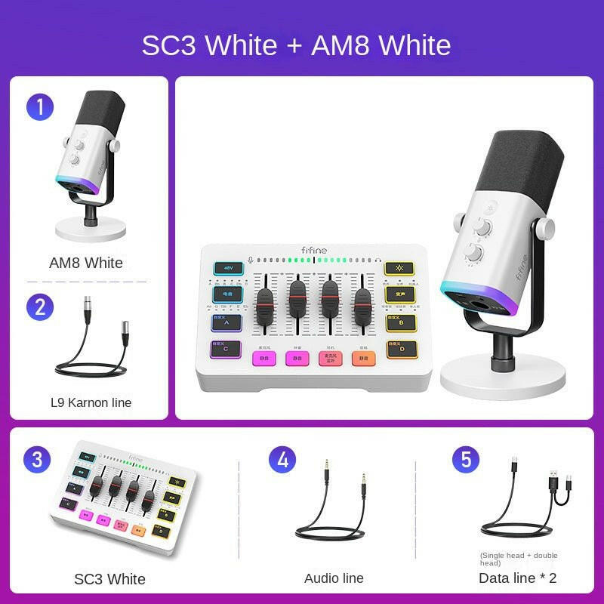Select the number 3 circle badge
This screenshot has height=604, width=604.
(x=36, y=459)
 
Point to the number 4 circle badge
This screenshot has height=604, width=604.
(x=282, y=459)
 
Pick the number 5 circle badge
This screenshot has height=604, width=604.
(x=466, y=459)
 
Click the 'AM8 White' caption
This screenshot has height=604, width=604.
(x=86, y=263)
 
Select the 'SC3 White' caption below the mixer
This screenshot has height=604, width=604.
(x=109, y=579)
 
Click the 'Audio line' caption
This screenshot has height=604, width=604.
(x=334, y=578)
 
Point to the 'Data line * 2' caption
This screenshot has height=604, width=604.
(x=518, y=578)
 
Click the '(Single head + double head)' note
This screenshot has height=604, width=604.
(x=519, y=559)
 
